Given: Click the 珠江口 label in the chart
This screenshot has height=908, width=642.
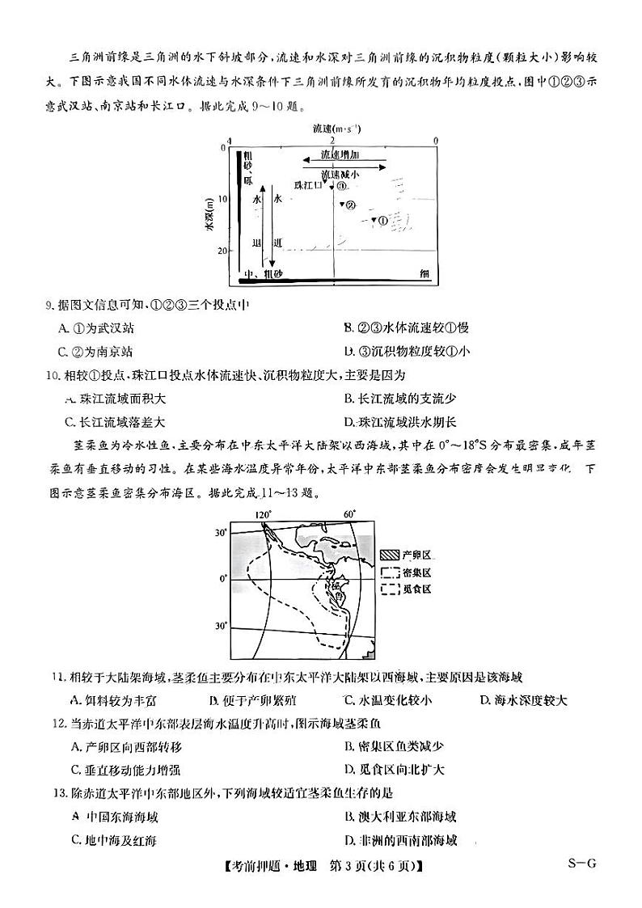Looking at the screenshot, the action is (x=307, y=185).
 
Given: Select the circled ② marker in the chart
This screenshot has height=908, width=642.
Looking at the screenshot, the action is (x=350, y=205).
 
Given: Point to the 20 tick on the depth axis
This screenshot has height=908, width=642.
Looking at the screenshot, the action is (x=223, y=251).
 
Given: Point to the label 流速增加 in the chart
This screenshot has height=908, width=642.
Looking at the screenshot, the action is (x=340, y=154).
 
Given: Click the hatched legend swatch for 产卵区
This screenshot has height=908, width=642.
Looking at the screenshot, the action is (x=390, y=555).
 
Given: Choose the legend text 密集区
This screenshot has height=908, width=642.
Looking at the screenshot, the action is (x=418, y=572).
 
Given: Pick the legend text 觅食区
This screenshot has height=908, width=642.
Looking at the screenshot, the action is (x=418, y=589).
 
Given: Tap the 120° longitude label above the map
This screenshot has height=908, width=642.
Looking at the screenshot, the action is (x=263, y=514).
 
